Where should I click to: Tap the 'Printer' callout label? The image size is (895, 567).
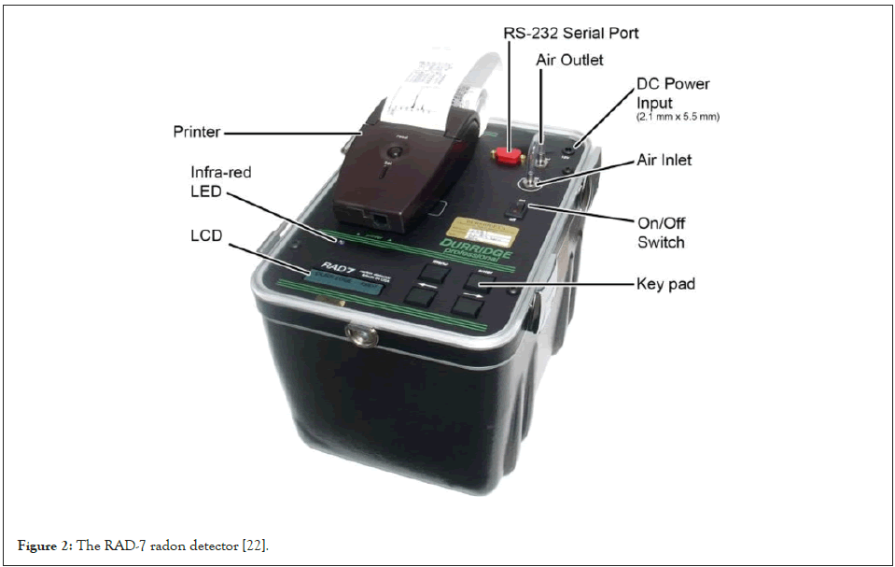(198, 132)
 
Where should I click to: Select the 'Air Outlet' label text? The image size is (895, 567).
(569, 59)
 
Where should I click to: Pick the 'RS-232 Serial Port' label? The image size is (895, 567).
(572, 33)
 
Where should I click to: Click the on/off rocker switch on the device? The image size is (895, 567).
(516, 211)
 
